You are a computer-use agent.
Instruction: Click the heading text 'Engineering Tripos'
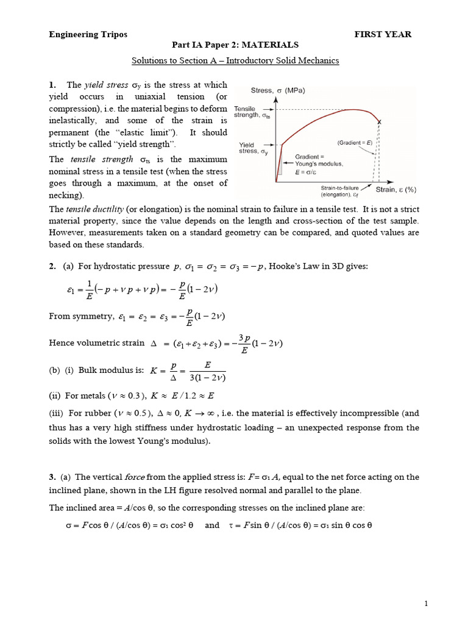pyautogui.click(x=88, y=34)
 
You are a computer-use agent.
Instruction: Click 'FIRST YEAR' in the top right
pyautogui.click(x=383, y=34)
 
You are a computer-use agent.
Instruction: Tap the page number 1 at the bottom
pyautogui.click(x=427, y=604)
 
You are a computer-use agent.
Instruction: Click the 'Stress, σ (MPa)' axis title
pyautogui.click(x=278, y=91)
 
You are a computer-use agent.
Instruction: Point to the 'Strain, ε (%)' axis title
pyautogui.click(x=396, y=189)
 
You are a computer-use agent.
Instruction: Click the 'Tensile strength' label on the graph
pyautogui.click(x=250, y=111)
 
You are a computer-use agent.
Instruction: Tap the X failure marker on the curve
pyautogui.click(x=380, y=122)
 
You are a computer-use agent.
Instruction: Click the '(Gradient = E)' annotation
pyautogui.click(x=358, y=142)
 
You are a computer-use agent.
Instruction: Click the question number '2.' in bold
pyautogui.click(x=53, y=266)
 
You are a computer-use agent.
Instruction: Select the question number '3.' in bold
pyautogui.click(x=53, y=477)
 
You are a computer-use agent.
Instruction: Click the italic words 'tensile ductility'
pyautogui.click(x=97, y=209)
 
